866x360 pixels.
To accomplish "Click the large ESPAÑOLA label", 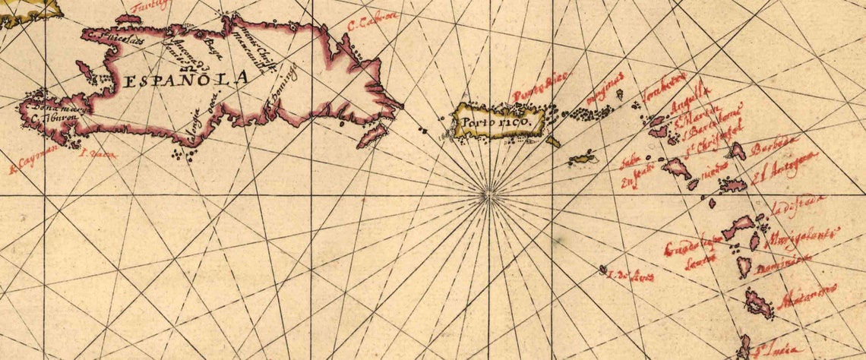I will click(x=186, y=79).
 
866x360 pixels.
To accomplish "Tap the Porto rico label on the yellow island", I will click(x=498, y=122).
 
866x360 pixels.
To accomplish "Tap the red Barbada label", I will click(x=773, y=145).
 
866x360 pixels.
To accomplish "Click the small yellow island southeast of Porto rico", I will click(x=583, y=159).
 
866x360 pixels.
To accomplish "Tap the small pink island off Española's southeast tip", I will click(x=371, y=136).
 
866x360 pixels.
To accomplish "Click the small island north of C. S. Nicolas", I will click(x=128, y=17).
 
